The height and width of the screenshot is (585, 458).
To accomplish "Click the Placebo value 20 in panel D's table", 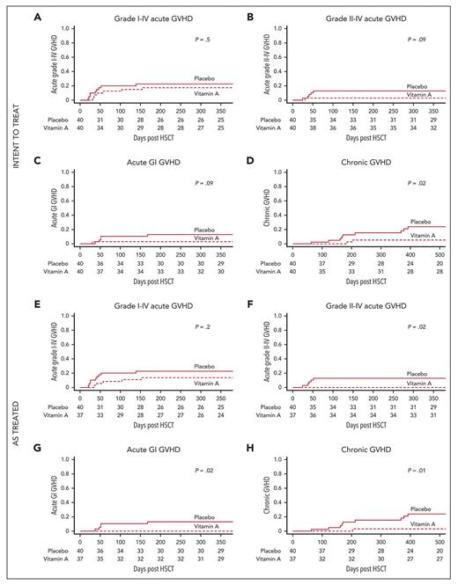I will click(x=440, y=263).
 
